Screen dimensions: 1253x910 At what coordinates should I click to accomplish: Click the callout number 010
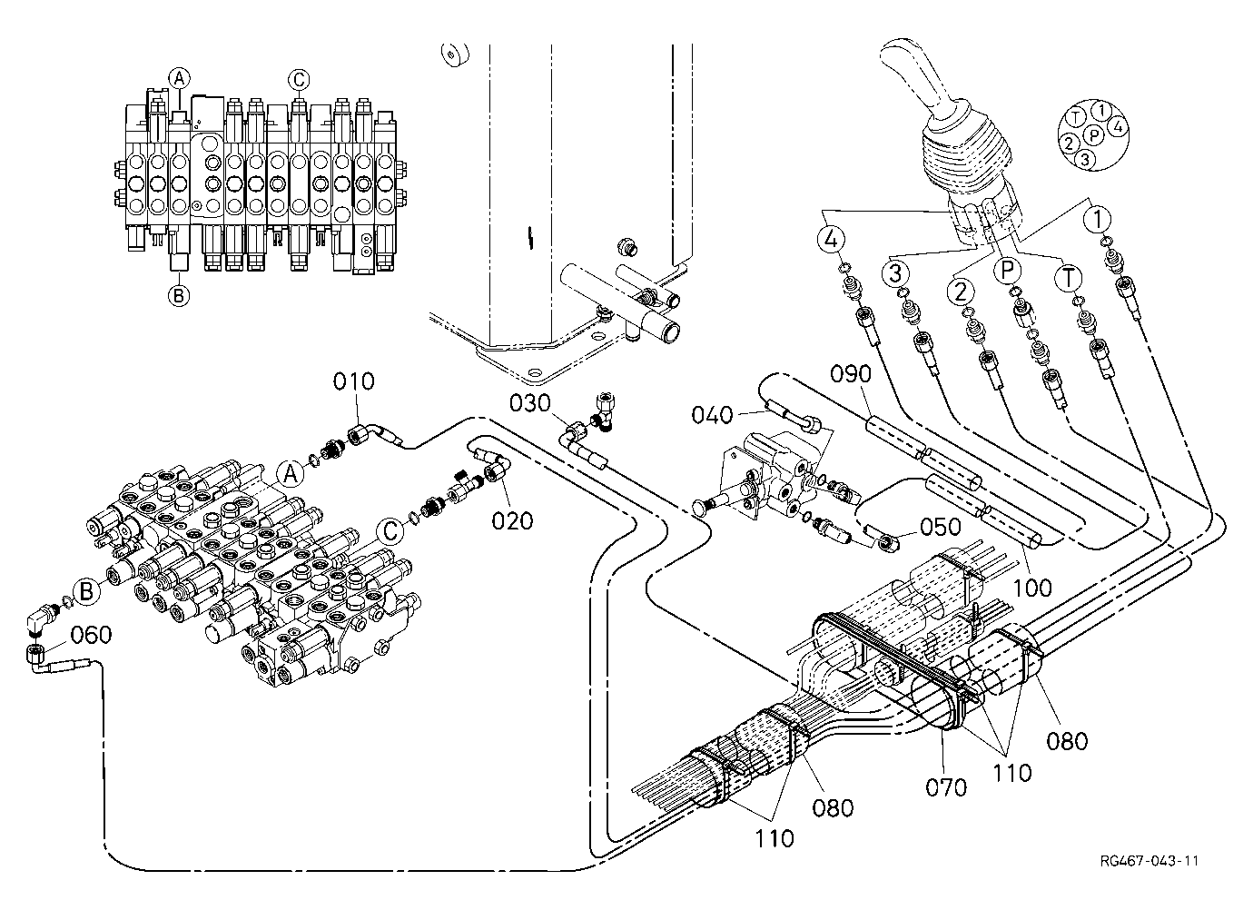[353, 381]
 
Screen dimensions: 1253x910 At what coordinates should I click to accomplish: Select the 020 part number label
[512, 520]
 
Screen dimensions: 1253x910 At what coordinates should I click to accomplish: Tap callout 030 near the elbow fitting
[529, 403]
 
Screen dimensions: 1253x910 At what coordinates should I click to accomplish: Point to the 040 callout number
[712, 415]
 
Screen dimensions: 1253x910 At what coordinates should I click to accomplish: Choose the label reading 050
[941, 527]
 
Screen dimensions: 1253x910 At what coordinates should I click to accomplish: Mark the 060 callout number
[91, 635]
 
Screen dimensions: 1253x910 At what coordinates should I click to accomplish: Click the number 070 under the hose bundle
[946, 787]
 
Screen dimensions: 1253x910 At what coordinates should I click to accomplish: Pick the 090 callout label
[851, 374]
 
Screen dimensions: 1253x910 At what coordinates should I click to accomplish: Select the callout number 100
[1032, 588]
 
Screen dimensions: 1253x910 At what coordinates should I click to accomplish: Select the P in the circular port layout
[1094, 135]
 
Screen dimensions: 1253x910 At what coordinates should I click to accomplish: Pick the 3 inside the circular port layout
[1085, 160]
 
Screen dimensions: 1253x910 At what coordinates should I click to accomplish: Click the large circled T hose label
[1069, 278]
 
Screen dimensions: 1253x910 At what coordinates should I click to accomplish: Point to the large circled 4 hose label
[831, 240]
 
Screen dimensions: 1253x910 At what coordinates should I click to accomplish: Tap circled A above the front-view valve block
[179, 78]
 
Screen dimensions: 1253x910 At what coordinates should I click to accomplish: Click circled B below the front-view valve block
[179, 295]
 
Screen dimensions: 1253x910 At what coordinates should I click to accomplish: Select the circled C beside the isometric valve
[390, 530]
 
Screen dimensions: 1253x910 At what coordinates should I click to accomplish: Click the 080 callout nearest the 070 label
[1067, 742]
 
